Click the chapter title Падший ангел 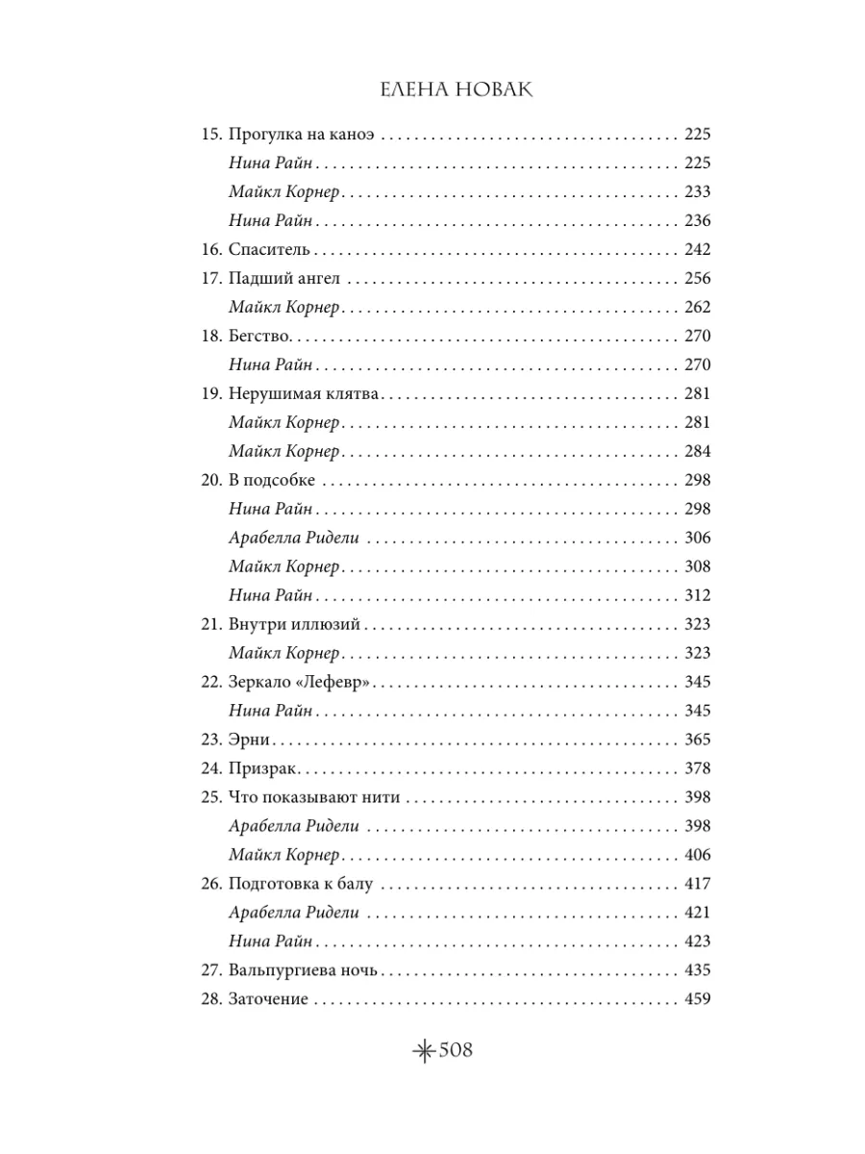(x=285, y=279)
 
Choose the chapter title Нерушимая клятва (x=306, y=394)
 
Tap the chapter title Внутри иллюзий (x=293, y=624)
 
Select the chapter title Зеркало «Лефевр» (x=300, y=682)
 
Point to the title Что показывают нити (x=314, y=797)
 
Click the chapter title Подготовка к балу (x=300, y=884)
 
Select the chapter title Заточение (x=268, y=999)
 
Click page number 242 (x=696, y=250)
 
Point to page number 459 (x=696, y=999)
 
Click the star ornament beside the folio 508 (x=422, y=1052)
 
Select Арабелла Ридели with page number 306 (x=294, y=538)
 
